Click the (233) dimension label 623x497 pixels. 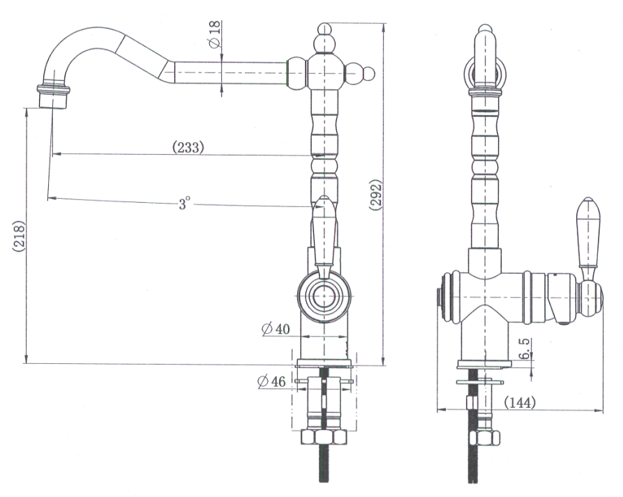tap(188, 147)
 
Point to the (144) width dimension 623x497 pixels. tap(518, 402)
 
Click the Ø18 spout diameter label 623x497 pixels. tap(214, 34)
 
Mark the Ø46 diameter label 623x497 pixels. tap(271, 381)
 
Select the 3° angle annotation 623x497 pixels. tap(183, 204)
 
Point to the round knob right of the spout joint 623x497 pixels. tap(367, 72)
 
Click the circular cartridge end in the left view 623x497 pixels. tap(322, 296)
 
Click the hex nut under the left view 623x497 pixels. tap(323, 437)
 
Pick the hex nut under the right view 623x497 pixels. tap(484, 438)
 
